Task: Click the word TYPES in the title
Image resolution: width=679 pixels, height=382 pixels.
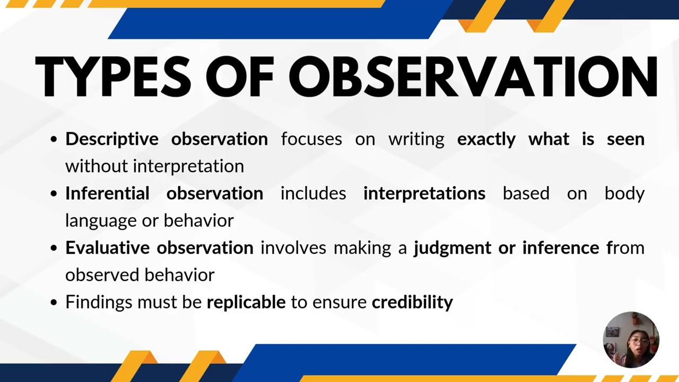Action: (x=113, y=76)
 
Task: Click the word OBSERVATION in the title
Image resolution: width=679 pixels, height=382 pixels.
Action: (x=473, y=76)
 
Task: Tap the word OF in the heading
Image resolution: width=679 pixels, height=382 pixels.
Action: (x=240, y=76)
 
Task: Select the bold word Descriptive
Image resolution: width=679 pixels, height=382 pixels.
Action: (x=112, y=140)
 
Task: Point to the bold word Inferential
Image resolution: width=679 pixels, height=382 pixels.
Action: (x=107, y=193)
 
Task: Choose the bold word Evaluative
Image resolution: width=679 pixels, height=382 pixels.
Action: (x=108, y=247)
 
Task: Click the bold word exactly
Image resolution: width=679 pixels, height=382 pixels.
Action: (x=486, y=140)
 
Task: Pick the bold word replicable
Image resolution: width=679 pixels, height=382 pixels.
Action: (x=246, y=302)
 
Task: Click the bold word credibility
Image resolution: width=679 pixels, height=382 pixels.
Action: (x=412, y=302)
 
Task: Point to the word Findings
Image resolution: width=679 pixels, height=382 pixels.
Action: (x=99, y=302)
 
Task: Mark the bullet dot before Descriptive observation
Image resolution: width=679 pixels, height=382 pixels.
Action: (x=54, y=140)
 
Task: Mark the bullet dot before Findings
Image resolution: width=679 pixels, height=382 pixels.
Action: (x=54, y=302)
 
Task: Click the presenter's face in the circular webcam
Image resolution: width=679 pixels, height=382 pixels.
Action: (x=638, y=344)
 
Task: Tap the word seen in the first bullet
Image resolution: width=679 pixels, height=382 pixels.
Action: (x=625, y=140)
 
